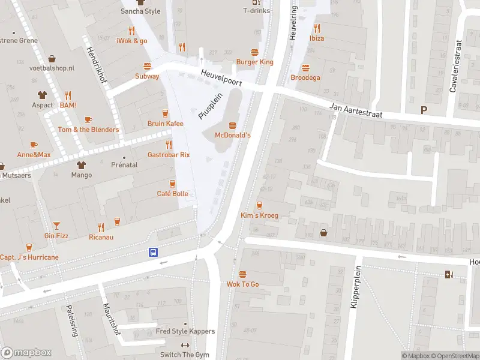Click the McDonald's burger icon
[232, 125]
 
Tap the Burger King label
[254, 62]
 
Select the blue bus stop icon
[154, 253]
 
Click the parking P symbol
[424, 110]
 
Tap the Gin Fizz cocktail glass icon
[56, 225]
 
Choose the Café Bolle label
[172, 194]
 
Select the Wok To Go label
[242, 284]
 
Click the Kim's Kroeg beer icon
[259, 205]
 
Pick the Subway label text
[147, 76]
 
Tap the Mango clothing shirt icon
[81, 164]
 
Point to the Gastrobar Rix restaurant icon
[169, 144]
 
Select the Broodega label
[305, 78]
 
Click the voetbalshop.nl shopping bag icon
[52, 59]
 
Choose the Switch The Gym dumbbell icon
[185, 345]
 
